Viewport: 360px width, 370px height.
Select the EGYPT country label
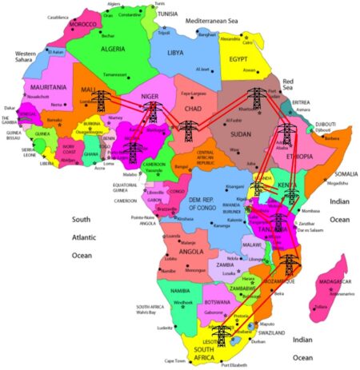[237, 59]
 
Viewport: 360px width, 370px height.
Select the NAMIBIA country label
[184, 292]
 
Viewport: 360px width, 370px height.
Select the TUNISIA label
[166, 14]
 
